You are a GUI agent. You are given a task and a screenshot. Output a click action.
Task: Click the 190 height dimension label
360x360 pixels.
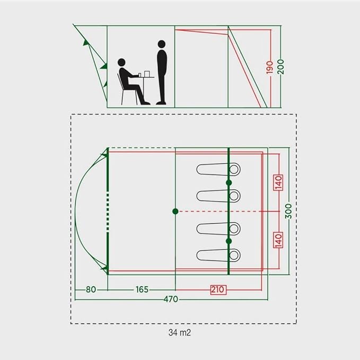click(270, 67)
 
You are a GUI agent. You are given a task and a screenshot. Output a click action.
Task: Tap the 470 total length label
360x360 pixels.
click(170, 299)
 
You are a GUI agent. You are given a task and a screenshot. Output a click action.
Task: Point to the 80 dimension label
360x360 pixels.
click(91, 289)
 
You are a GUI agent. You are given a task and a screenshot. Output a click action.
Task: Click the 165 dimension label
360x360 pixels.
click(141, 289)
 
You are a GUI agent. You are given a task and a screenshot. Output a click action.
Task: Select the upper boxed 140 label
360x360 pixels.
click(278, 182)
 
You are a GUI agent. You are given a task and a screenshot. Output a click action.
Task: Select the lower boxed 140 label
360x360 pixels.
click(278, 240)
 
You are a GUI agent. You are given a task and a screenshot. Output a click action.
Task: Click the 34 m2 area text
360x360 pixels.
click(179, 333)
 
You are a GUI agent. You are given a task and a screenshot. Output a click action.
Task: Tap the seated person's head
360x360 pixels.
click(122, 63)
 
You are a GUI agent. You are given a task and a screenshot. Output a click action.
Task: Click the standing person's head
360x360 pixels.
click(161, 44)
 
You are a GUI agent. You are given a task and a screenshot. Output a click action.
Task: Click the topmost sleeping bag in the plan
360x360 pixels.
click(218, 169)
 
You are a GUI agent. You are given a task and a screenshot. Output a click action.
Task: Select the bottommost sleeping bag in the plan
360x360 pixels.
click(218, 254)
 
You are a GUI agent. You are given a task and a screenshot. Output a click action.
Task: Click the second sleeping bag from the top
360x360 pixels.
click(218, 196)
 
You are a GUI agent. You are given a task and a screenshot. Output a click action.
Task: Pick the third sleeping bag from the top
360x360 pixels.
click(218, 229)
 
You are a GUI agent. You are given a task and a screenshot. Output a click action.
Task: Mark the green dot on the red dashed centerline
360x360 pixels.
click(175, 211)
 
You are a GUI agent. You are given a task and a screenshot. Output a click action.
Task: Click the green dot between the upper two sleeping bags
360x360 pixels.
click(229, 182)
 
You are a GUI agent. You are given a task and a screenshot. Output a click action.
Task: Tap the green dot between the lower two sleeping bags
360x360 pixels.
click(229, 241)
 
